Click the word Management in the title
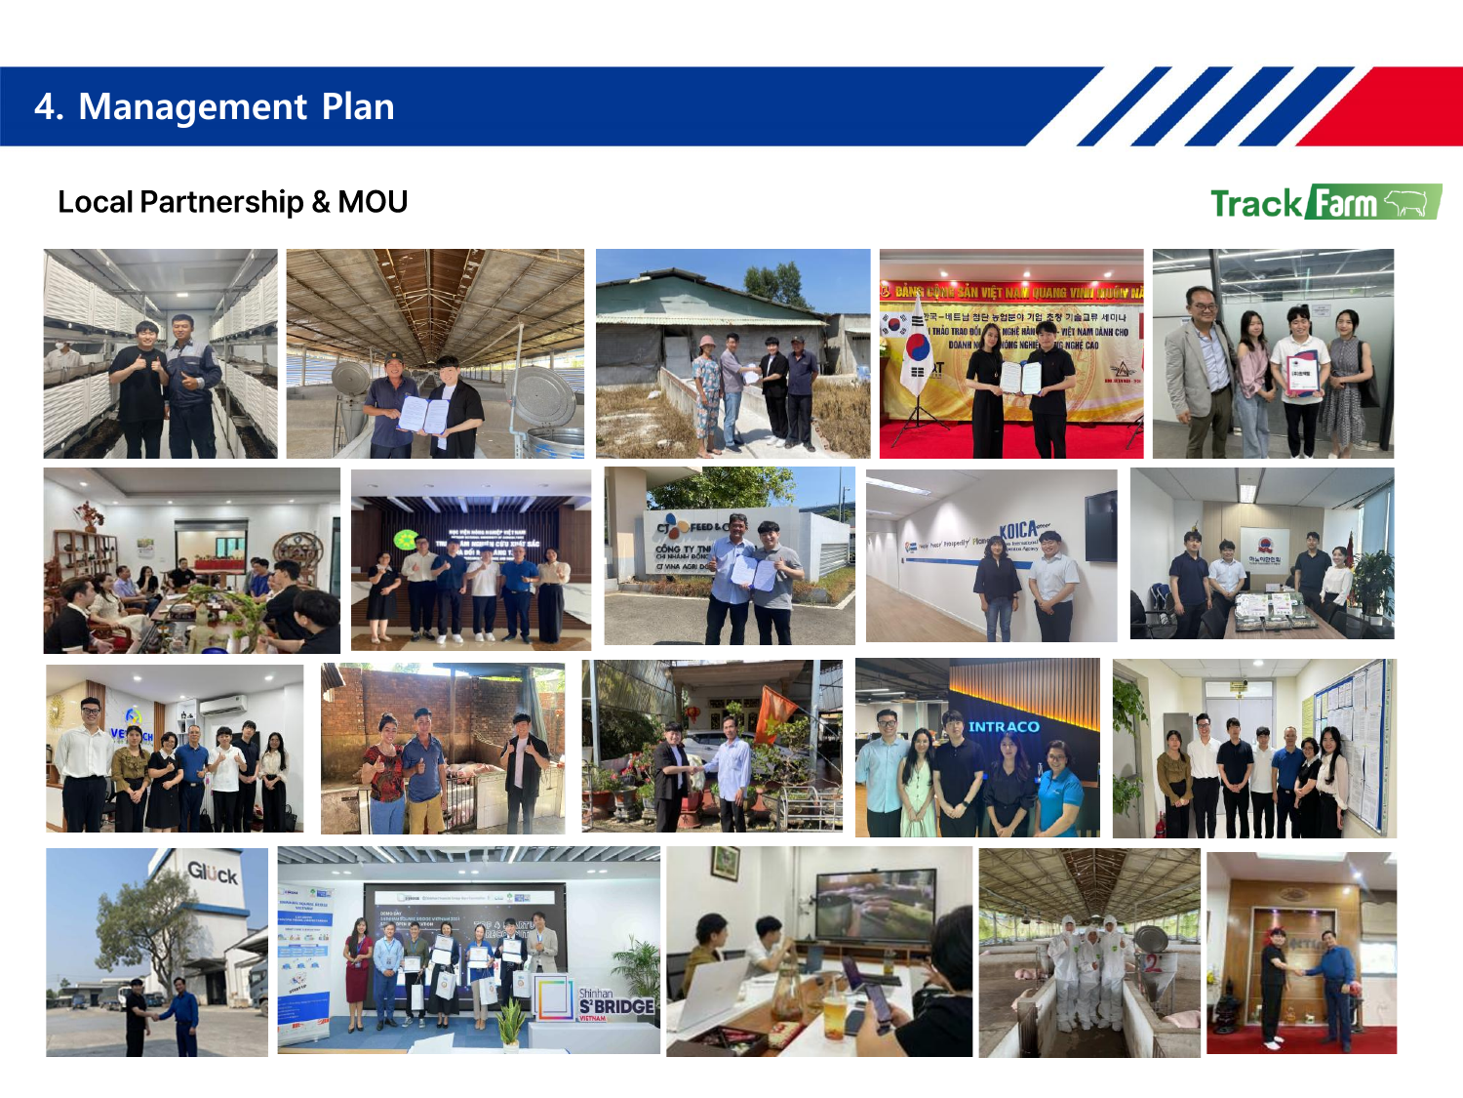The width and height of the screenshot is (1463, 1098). click(x=192, y=106)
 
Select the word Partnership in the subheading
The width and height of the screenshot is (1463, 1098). click(x=221, y=202)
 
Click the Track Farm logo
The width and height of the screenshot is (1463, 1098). click(x=1325, y=202)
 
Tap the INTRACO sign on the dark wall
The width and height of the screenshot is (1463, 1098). click(x=1004, y=726)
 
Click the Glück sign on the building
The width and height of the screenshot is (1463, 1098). click(x=213, y=872)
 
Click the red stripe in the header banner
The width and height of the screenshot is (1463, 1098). click(x=1404, y=106)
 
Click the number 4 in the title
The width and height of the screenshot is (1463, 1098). click(x=45, y=106)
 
